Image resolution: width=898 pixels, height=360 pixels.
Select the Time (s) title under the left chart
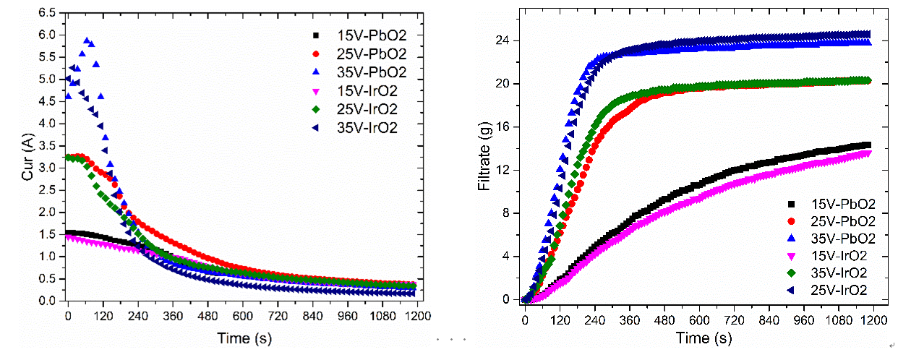click(x=244, y=337)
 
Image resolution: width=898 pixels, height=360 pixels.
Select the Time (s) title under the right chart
click(x=703, y=338)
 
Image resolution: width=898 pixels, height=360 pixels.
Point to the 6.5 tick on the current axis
click(x=47, y=13)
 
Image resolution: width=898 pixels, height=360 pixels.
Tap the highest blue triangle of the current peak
click(x=87, y=40)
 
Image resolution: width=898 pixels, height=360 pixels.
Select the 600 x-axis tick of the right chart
click(x=698, y=318)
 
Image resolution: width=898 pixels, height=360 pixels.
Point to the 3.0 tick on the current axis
click(x=47, y=168)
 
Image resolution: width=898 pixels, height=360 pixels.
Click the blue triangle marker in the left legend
click(x=315, y=72)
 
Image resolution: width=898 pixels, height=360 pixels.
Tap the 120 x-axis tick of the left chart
click(x=103, y=316)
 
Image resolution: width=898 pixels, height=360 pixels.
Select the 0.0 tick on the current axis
click(x=47, y=301)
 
